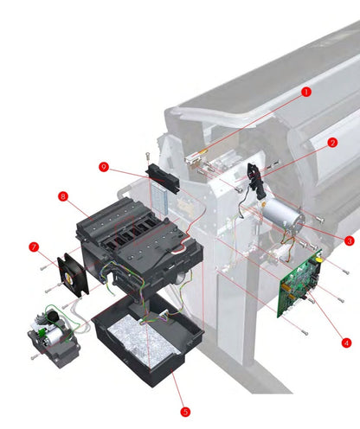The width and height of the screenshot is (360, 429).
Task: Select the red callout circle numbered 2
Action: [x=331, y=142]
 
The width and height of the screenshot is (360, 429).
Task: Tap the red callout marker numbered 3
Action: [x=349, y=240]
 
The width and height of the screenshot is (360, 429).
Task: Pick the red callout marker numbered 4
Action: [x=346, y=343]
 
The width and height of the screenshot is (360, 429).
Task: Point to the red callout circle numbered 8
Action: [x=62, y=196]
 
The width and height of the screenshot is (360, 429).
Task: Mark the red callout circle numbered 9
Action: [x=104, y=166]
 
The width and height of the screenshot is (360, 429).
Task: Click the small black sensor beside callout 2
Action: [x=254, y=175]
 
